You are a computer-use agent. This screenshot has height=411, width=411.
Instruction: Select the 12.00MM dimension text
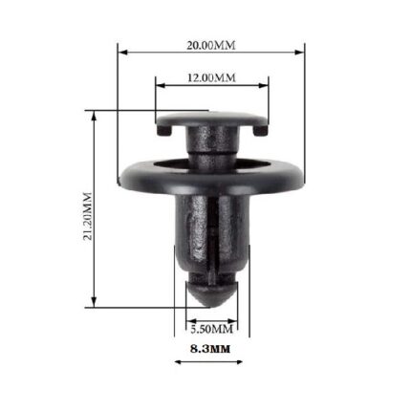pyautogui.click(x=211, y=76)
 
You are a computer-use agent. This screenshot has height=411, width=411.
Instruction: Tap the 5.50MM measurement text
pyautogui.click(x=211, y=327)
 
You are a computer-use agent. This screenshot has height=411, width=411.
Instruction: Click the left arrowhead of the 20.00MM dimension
pyautogui.click(x=121, y=54)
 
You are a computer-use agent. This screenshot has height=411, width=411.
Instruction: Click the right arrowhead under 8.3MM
pyautogui.click(x=242, y=361)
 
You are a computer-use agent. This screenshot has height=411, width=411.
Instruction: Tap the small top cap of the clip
pyautogui.click(x=211, y=121)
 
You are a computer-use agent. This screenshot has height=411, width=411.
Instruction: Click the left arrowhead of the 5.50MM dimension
pyautogui.click(x=188, y=318)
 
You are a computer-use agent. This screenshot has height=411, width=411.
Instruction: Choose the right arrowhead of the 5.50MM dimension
pyautogui.click(x=235, y=318)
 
